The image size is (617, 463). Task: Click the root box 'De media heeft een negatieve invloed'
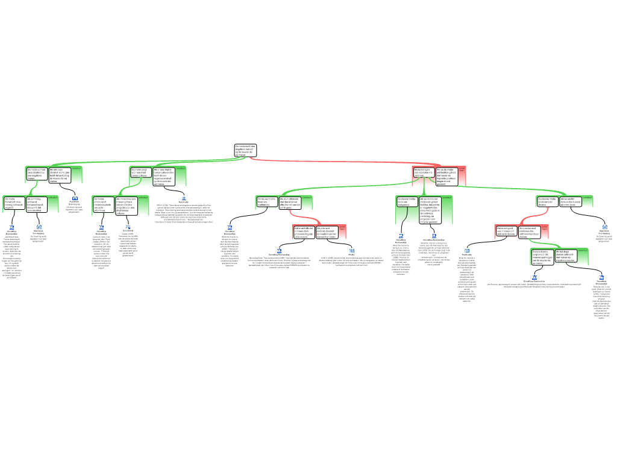245,150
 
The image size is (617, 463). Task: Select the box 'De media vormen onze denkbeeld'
37,174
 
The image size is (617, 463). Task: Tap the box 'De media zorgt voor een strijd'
140,172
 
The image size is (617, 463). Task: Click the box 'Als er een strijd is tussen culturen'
163,176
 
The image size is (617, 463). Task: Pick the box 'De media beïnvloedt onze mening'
14,204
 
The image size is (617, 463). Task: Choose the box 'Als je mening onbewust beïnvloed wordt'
37,204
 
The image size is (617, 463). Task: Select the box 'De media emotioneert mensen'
103,204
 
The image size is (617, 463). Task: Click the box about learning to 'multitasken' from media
267,202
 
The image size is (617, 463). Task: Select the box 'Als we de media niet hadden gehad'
446,175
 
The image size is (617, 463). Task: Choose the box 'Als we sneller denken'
571,201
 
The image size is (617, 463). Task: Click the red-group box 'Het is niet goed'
506,231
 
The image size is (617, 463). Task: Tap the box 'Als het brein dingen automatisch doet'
566,256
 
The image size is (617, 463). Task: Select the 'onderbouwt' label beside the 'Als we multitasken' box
307,197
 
